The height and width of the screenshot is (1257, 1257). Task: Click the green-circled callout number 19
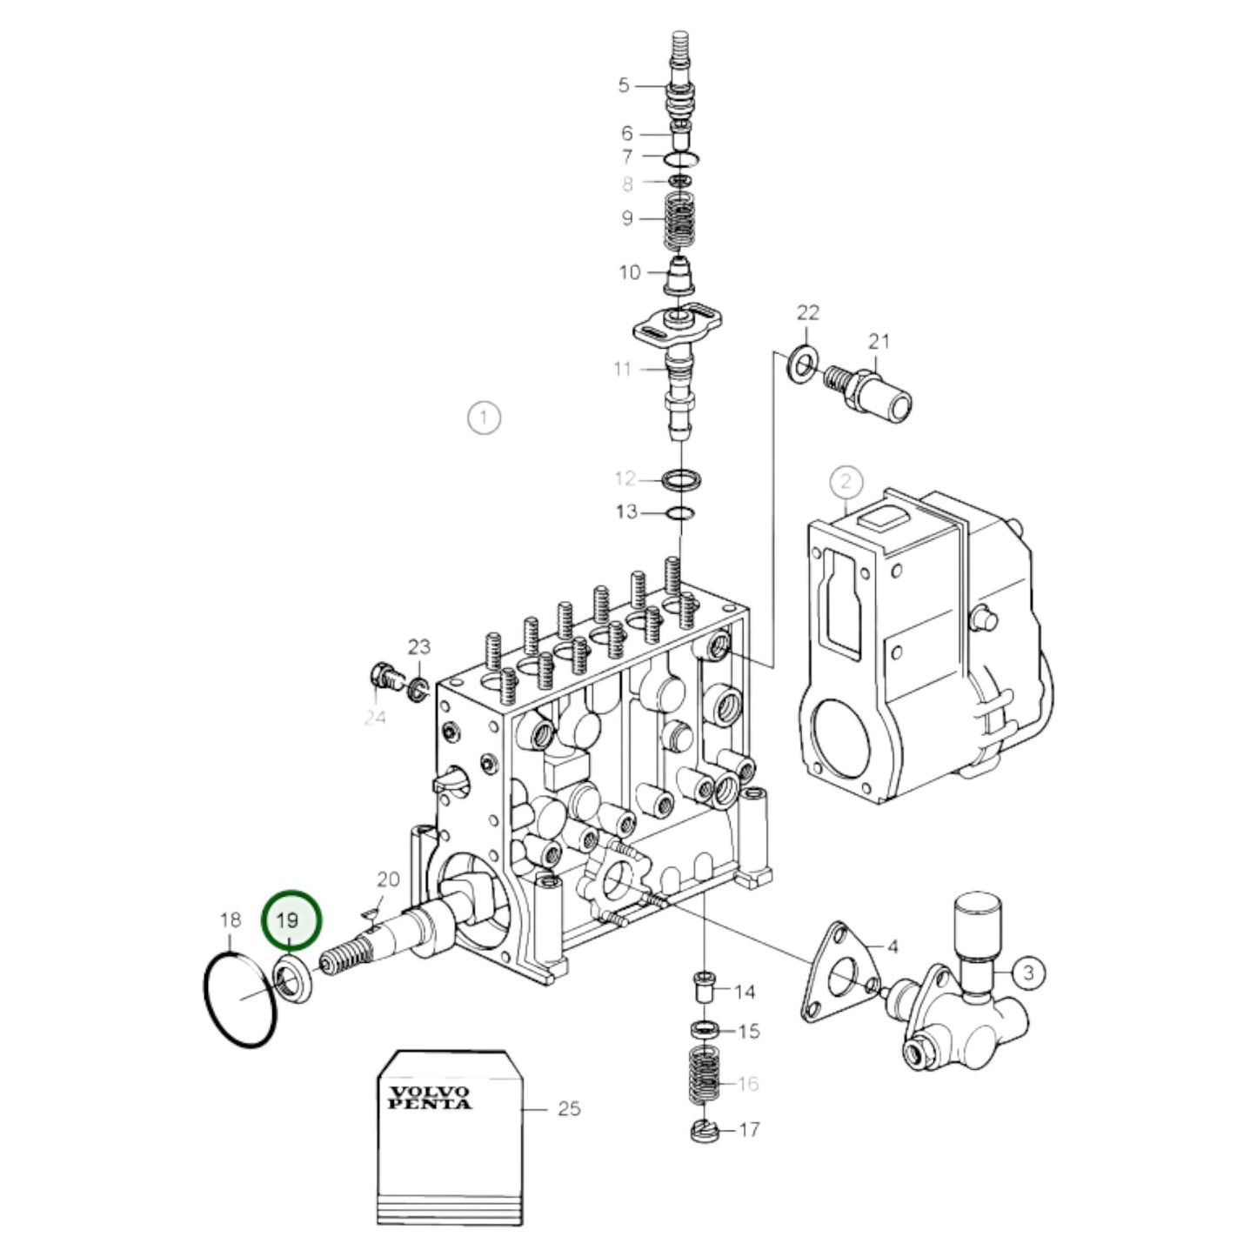[291, 920]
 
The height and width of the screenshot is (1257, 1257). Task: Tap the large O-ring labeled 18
[209, 1000]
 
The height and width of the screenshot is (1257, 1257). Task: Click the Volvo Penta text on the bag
[429, 1097]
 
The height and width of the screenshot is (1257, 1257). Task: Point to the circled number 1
[484, 418]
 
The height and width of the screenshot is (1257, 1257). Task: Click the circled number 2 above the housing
[846, 481]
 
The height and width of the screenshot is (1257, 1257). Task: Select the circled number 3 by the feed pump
[1028, 972]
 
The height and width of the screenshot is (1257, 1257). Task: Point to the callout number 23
[419, 646]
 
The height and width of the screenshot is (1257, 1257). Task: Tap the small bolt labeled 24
[385, 675]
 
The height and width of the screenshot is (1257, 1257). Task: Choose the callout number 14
[745, 992]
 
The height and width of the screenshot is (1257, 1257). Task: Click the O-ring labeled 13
[679, 513]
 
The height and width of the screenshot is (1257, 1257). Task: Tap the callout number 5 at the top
[624, 85]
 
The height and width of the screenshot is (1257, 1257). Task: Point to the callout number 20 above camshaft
[387, 879]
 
